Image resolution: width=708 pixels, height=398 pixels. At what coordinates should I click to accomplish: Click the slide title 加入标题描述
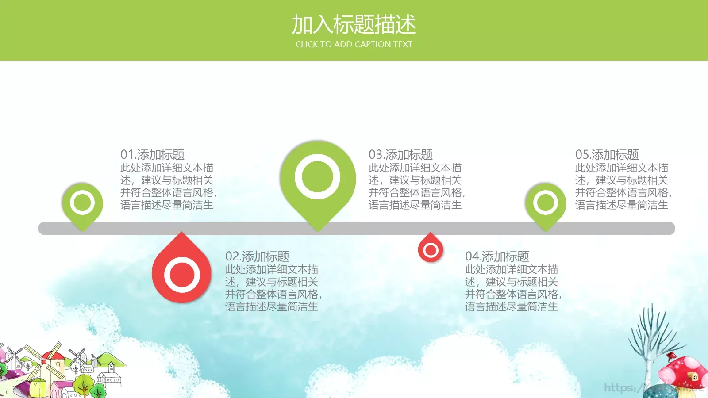coord(354,25)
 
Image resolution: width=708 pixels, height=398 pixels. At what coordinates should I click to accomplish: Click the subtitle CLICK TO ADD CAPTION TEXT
coord(354,44)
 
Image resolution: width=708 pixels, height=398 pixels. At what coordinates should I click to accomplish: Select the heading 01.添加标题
coord(152,155)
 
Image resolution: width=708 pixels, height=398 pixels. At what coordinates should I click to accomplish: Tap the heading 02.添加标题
coord(257,256)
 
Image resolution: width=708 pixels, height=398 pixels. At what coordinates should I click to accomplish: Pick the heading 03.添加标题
coord(400,155)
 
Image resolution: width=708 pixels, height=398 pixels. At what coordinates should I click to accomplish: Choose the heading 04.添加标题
coord(497,256)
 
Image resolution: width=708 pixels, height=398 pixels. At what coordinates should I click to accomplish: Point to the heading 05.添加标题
coord(607,155)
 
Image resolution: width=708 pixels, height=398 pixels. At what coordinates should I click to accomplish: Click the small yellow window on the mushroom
coord(695,377)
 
